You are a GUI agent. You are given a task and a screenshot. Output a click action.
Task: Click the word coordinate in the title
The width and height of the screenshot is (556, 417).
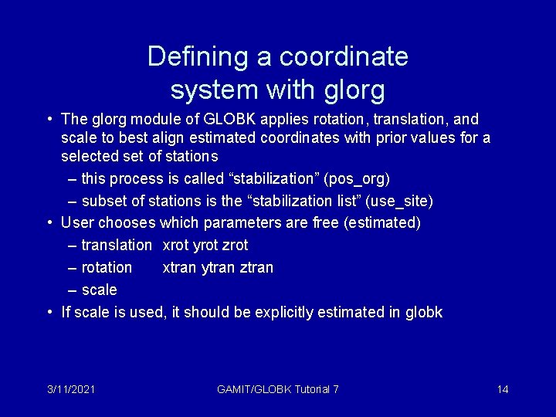click(344, 56)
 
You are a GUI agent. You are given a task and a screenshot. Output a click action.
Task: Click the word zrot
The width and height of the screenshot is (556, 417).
click(235, 246)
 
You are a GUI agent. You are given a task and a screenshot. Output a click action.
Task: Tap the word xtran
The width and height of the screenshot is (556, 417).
click(180, 268)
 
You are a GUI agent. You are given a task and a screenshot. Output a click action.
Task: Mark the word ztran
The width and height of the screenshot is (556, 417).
click(256, 268)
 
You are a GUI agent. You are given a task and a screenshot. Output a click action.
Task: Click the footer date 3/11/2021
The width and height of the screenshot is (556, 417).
click(70, 389)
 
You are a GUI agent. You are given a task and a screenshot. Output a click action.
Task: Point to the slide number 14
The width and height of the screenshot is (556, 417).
click(503, 389)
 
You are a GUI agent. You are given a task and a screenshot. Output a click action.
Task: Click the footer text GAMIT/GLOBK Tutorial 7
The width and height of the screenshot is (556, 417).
click(278, 389)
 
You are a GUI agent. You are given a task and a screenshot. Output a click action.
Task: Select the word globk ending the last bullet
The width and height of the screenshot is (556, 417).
click(424, 313)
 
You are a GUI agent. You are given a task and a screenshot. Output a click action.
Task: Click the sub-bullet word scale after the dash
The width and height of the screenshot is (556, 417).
click(99, 290)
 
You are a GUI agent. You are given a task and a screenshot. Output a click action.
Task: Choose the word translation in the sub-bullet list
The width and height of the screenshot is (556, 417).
click(117, 246)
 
